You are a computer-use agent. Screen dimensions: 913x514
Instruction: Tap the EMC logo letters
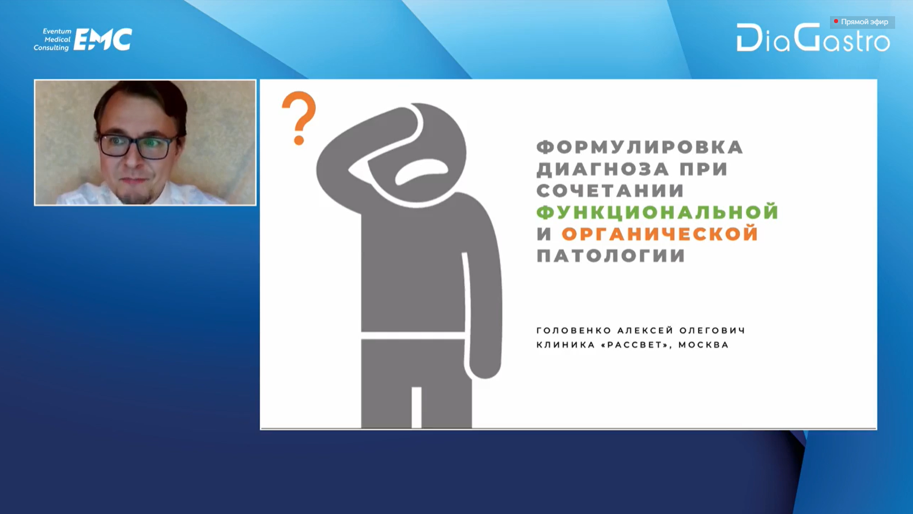pyautogui.click(x=103, y=40)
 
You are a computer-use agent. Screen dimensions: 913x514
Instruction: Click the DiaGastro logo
pyautogui.click(x=813, y=37)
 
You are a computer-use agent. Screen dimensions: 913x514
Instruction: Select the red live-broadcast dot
pyautogui.click(x=836, y=21)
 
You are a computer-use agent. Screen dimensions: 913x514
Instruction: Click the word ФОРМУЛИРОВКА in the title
pyautogui.click(x=640, y=147)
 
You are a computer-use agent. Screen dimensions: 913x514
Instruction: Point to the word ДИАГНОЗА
pyautogui.click(x=603, y=169)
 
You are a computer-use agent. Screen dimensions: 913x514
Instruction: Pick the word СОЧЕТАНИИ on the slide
pyautogui.click(x=610, y=190)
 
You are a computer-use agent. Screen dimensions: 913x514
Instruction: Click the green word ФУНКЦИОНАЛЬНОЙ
pyautogui.click(x=658, y=212)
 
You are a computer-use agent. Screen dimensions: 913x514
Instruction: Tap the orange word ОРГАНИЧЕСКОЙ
pyautogui.click(x=660, y=234)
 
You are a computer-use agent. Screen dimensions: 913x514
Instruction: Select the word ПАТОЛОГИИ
pyautogui.click(x=610, y=256)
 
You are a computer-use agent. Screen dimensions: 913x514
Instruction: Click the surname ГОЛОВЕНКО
pyautogui.click(x=574, y=331)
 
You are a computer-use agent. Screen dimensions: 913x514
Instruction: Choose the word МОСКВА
pyautogui.click(x=704, y=345)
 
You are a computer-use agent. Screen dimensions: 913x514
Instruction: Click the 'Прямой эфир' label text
pyautogui.click(x=865, y=21)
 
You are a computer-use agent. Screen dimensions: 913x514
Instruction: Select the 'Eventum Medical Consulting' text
pyautogui.click(x=52, y=40)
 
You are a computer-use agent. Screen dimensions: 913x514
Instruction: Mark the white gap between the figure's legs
pyautogui.click(x=416, y=407)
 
